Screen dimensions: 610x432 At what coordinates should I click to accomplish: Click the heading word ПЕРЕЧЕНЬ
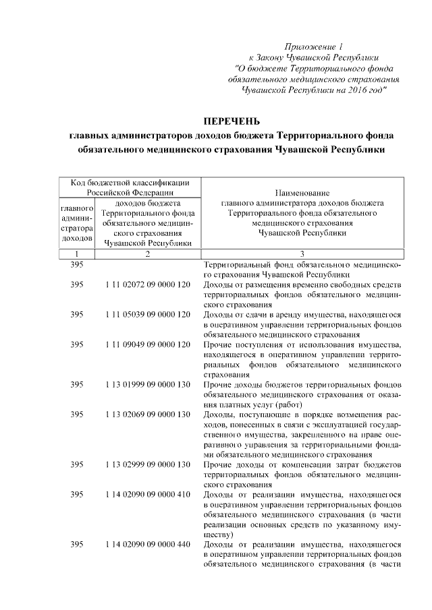(x=232, y=121)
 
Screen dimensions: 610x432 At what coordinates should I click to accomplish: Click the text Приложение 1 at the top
(x=315, y=47)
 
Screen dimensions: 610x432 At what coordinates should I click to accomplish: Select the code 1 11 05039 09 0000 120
(x=148, y=315)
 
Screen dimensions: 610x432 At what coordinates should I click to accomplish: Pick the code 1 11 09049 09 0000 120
(x=148, y=344)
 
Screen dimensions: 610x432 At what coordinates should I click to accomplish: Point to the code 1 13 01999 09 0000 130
(x=148, y=384)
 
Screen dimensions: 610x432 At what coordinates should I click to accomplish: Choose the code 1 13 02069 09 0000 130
(x=148, y=414)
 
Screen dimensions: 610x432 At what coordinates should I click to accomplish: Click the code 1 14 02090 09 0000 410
(x=148, y=494)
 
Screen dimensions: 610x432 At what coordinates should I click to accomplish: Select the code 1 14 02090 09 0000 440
(x=148, y=544)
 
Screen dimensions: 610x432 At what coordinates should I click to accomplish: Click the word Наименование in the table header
(x=302, y=193)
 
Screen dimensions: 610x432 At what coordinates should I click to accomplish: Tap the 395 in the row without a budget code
(x=77, y=265)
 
